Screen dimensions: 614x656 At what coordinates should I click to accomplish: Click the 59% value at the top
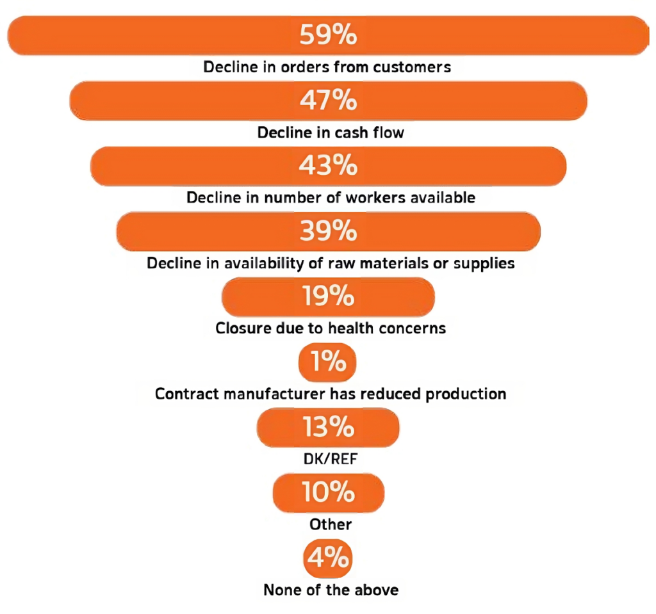[x=328, y=35]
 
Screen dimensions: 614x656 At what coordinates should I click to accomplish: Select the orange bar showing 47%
[x=328, y=101]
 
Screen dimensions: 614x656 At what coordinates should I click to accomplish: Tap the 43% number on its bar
[x=328, y=166]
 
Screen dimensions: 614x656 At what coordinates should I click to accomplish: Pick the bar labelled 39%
[x=328, y=231]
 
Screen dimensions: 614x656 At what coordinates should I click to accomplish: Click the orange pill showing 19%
[x=328, y=297]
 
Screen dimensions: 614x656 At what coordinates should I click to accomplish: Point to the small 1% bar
[x=327, y=362]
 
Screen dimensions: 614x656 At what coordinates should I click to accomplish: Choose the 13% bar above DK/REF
[x=328, y=428]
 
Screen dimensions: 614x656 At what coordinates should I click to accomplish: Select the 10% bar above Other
[x=328, y=493]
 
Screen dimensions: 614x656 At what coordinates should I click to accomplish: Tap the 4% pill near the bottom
[x=327, y=558]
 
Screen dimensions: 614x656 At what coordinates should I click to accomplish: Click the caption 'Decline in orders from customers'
[x=327, y=67]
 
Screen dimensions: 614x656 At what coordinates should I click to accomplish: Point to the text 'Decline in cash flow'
[x=331, y=133]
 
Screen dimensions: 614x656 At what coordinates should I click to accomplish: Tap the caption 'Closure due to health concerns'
[x=331, y=329]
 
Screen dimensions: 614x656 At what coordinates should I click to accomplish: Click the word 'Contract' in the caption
[x=184, y=394]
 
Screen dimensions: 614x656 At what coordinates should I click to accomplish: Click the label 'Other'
[x=331, y=525]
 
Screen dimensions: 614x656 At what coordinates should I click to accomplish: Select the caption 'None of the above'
[x=331, y=590]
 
